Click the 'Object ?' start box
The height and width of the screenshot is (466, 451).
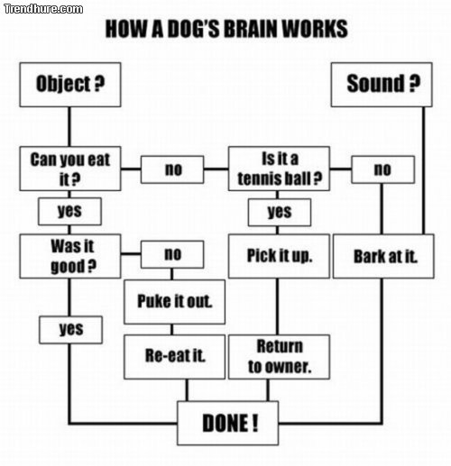click(x=70, y=85)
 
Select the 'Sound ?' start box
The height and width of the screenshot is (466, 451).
click(x=382, y=85)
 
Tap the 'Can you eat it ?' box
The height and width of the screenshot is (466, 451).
click(x=70, y=169)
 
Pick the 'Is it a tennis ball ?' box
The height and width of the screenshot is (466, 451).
click(x=280, y=169)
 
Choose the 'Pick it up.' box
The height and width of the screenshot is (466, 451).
click(x=280, y=256)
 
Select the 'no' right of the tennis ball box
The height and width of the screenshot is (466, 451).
click(x=382, y=169)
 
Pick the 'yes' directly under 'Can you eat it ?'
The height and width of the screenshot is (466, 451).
click(x=69, y=211)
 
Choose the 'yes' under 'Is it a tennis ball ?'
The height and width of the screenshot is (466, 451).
click(x=280, y=212)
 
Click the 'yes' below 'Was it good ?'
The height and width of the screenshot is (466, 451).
click(x=69, y=329)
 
